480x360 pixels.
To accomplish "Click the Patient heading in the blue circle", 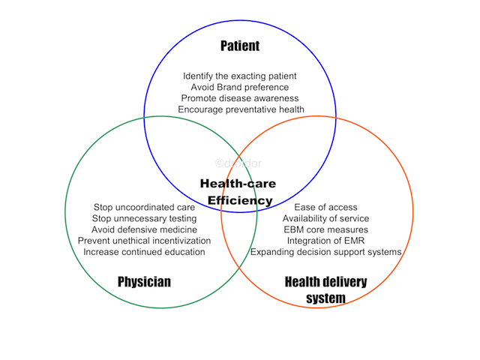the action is [x=240, y=46].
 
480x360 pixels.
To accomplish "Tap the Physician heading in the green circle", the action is [x=144, y=282].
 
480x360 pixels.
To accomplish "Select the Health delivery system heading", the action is [x=325, y=289].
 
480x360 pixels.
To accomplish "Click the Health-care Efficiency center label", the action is [x=238, y=192].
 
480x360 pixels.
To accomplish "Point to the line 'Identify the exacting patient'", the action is [x=240, y=76].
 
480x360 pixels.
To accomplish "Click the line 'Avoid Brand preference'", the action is [x=240, y=87].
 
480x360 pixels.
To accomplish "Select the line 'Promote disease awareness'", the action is [x=240, y=98].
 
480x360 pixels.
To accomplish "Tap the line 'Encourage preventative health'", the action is [x=241, y=109].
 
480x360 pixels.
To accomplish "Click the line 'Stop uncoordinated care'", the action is [x=144, y=207].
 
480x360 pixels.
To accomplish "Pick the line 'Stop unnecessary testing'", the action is [x=144, y=218].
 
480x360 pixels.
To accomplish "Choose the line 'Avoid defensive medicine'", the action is [x=144, y=229].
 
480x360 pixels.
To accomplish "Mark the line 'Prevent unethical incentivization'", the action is [x=144, y=241].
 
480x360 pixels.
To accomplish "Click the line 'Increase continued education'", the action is [x=144, y=252].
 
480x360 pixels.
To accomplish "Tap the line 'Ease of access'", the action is [x=325, y=207].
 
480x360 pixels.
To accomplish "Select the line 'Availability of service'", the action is [x=325, y=218].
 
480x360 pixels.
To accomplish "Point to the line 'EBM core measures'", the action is [x=325, y=229].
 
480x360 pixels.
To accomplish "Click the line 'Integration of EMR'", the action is [x=325, y=241].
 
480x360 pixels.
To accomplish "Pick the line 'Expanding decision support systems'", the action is [x=325, y=252].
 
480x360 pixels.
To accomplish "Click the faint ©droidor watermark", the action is [x=238, y=163].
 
